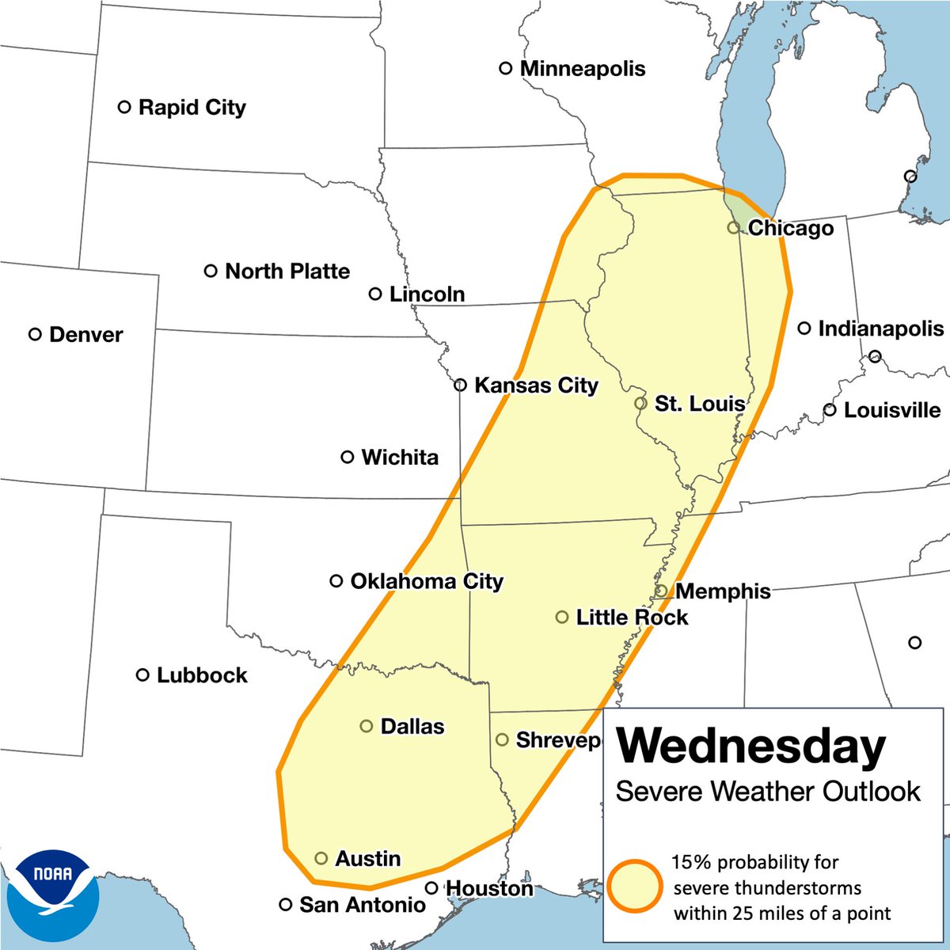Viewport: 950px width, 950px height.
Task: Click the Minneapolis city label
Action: (x=582, y=69)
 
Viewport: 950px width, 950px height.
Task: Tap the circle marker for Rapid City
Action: (x=124, y=107)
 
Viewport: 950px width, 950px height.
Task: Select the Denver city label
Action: (x=85, y=335)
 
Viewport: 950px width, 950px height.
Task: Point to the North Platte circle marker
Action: (x=211, y=271)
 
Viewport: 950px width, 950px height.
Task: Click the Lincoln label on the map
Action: (x=427, y=294)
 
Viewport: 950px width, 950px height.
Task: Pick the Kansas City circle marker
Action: (x=460, y=386)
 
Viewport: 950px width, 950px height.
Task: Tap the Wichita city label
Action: (x=400, y=458)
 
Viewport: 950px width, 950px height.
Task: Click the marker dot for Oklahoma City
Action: (x=336, y=581)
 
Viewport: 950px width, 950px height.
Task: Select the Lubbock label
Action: (x=202, y=675)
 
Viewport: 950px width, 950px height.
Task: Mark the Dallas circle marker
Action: (x=367, y=726)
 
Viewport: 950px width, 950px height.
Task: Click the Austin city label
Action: (x=367, y=859)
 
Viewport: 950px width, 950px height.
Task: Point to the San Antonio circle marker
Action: (x=286, y=905)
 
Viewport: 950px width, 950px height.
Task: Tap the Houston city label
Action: (x=489, y=889)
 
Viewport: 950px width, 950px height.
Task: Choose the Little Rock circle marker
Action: (x=562, y=617)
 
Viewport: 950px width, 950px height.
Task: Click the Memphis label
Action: (x=723, y=591)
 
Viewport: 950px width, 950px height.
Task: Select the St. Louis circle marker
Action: (x=640, y=403)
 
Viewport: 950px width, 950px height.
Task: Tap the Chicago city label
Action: (x=790, y=229)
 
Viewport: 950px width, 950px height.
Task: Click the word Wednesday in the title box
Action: (x=750, y=747)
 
